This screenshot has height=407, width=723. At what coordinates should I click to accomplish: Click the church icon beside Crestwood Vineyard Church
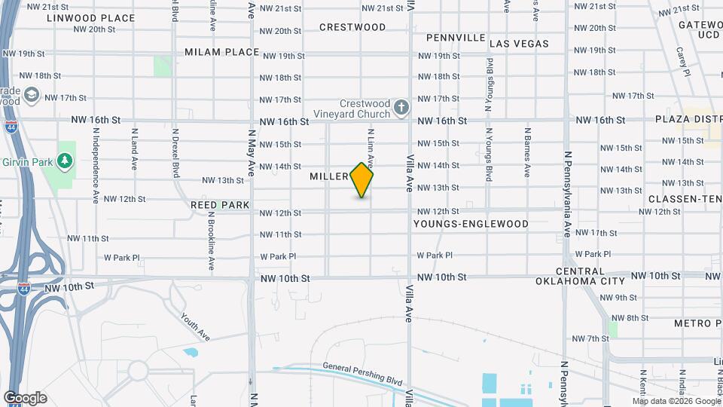[401, 108]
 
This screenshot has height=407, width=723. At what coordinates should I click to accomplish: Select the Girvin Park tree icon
[66, 160]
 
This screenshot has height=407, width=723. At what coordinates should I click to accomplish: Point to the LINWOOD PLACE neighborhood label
[90, 18]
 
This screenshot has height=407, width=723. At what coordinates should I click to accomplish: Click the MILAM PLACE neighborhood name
[221, 52]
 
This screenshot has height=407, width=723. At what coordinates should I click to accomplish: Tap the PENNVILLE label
[456, 37]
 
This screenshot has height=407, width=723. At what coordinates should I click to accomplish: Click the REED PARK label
[219, 204]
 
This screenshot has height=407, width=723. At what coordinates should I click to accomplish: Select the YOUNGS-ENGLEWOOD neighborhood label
[471, 224]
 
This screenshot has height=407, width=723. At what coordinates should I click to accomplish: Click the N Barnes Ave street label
[528, 151]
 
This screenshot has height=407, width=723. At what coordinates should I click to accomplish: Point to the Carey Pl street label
[682, 62]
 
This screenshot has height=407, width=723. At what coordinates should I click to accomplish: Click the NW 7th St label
[590, 339]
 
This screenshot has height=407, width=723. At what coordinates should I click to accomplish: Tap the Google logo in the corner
[25, 398]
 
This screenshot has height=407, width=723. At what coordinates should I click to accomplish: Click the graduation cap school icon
[32, 96]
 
